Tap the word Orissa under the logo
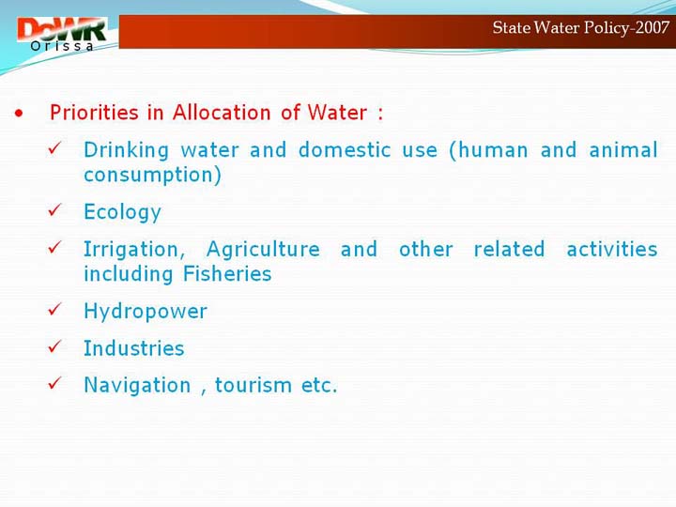coord(62,46)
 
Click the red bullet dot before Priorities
coord(19,114)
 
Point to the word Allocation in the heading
coord(222,113)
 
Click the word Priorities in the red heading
coord(94,113)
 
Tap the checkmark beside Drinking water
coord(55,148)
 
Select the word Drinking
coord(126,150)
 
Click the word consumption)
coord(153,176)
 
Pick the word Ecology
coord(122,212)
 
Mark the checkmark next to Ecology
coord(55,210)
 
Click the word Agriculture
coord(263,250)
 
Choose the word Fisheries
coord(227,274)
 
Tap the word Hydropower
coord(146,312)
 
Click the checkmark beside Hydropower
coord(55,309)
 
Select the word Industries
coord(134,348)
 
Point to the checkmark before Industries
coord(55,346)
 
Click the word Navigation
coord(137,386)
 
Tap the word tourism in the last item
coord(253,386)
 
